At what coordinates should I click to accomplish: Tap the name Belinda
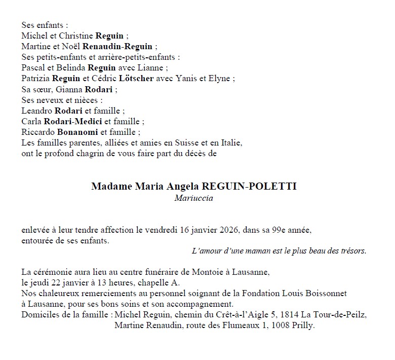tap(70, 67)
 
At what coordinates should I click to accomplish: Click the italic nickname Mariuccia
tap(193, 198)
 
